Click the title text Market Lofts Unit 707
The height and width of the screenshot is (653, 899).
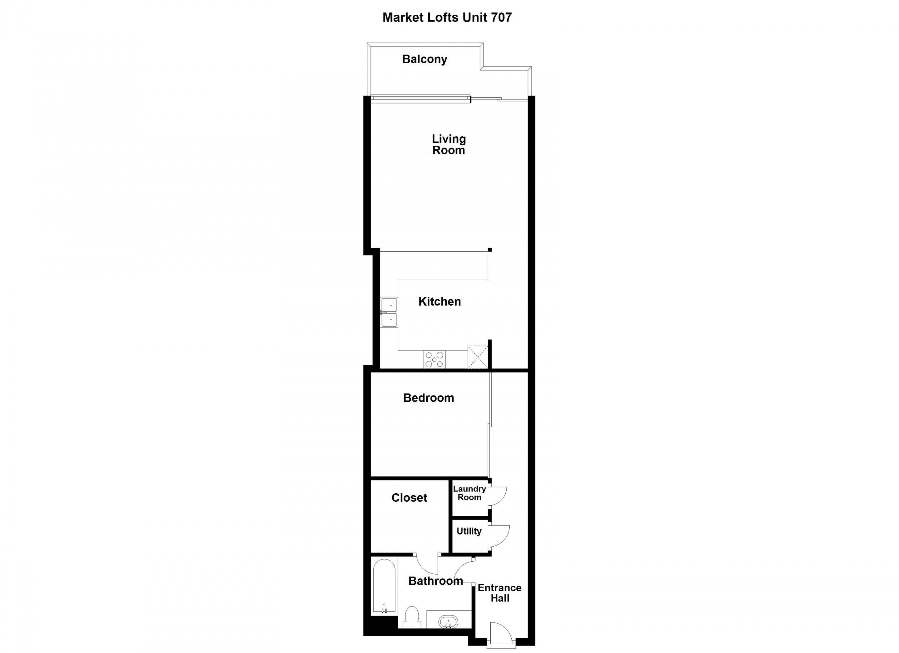pos(447,17)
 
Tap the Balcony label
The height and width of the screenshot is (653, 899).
pos(425,59)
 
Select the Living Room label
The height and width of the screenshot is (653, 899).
pos(449,144)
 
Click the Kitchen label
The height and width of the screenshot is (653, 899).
pos(440,302)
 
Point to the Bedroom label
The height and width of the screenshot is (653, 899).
pos(429,398)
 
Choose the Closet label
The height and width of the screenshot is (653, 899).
pos(410,498)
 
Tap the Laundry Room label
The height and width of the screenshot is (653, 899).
pos(469,493)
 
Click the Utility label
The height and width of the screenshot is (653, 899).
pos(469,531)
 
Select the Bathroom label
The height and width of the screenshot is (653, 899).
pos(436,581)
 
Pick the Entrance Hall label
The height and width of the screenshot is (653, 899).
pos(499,593)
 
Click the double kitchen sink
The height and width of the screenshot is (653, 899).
pos(389,312)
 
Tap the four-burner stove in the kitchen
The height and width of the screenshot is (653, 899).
pos(434,360)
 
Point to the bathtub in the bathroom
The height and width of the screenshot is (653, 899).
pos(384,587)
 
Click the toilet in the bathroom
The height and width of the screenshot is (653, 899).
pos(412,618)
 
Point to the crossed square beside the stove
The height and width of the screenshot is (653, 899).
pos(478,357)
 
